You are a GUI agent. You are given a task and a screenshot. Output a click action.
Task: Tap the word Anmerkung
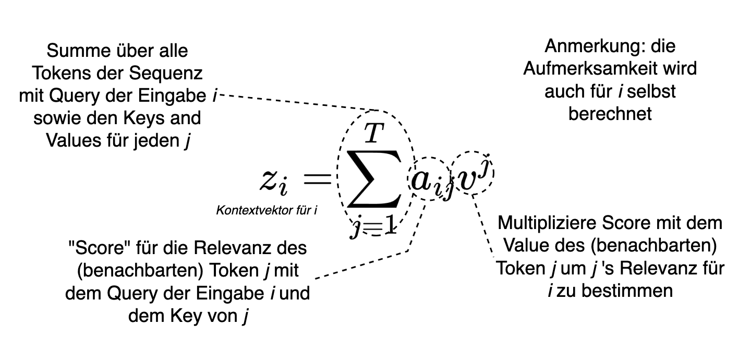pyautogui.click(x=587, y=46)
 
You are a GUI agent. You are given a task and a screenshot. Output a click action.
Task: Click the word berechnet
pyautogui.click(x=610, y=114)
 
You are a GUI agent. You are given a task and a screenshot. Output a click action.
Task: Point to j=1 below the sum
pyautogui.click(x=372, y=227)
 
